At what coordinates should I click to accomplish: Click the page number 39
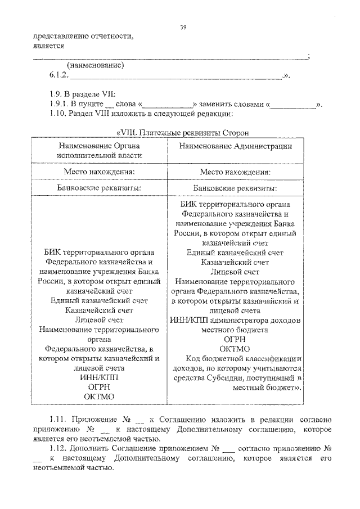point(183,27)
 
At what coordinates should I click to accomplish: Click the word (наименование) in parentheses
point(95,65)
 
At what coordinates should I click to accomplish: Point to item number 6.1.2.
point(58,75)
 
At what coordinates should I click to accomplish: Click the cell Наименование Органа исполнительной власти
point(99,150)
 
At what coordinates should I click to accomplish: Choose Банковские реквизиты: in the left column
point(99,187)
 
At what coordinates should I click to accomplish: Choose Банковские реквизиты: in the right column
point(235,187)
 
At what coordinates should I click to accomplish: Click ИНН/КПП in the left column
point(99,377)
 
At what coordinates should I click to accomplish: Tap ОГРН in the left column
point(99,387)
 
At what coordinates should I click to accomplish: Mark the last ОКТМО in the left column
point(99,397)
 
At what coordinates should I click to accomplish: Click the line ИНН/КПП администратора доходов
point(235,320)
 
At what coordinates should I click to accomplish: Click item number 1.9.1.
point(60,105)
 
